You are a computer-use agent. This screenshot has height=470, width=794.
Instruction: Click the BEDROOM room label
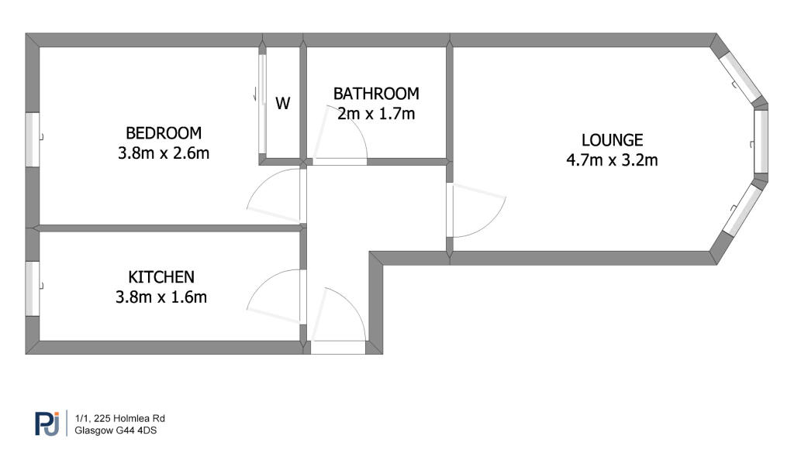(x=164, y=133)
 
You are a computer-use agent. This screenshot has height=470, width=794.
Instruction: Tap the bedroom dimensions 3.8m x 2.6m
(x=164, y=153)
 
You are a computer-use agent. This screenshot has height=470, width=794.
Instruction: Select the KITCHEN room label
(x=161, y=276)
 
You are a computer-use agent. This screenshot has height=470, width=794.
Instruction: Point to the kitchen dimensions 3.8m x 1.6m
(x=161, y=297)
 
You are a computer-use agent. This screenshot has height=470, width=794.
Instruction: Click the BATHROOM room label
(x=376, y=94)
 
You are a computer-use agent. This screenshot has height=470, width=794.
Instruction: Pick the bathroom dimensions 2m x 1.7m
(x=376, y=113)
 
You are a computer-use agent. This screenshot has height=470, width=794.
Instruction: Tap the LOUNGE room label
(x=613, y=139)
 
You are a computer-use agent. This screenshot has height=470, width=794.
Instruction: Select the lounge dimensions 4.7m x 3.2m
(x=613, y=160)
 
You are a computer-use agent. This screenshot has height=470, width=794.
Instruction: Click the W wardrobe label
(x=282, y=103)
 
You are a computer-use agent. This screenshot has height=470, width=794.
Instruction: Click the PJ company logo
(x=47, y=424)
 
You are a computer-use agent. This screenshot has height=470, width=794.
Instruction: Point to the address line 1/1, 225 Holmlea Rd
(x=120, y=418)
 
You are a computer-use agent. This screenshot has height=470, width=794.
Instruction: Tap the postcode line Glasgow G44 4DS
(x=116, y=431)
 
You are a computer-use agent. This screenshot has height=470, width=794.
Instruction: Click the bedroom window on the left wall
(x=33, y=139)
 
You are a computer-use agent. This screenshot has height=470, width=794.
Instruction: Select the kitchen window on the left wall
(x=33, y=288)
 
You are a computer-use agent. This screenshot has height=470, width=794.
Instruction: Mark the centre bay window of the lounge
(x=761, y=141)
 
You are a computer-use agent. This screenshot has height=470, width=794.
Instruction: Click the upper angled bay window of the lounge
(x=740, y=77)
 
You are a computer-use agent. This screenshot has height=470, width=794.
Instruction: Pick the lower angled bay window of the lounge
(x=741, y=208)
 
